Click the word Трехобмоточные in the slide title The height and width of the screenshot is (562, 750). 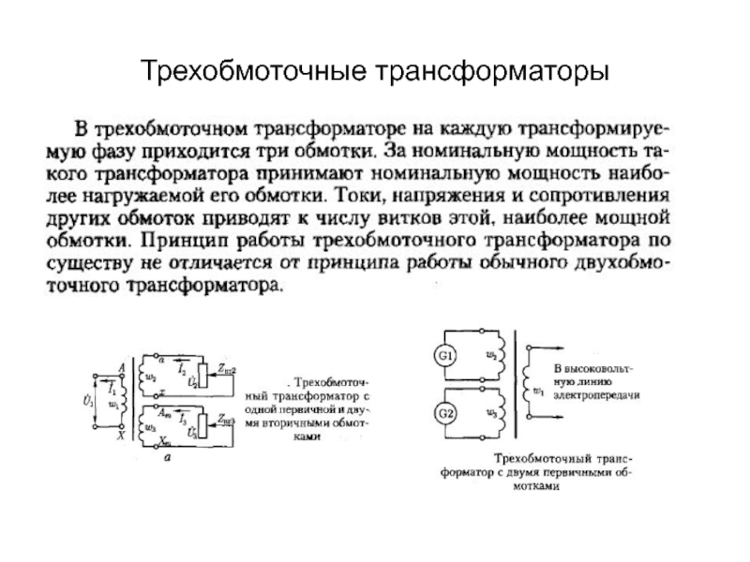pos(254,72)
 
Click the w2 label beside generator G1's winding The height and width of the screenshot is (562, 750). pos(490,355)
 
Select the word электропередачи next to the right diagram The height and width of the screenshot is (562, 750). pos(597,396)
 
